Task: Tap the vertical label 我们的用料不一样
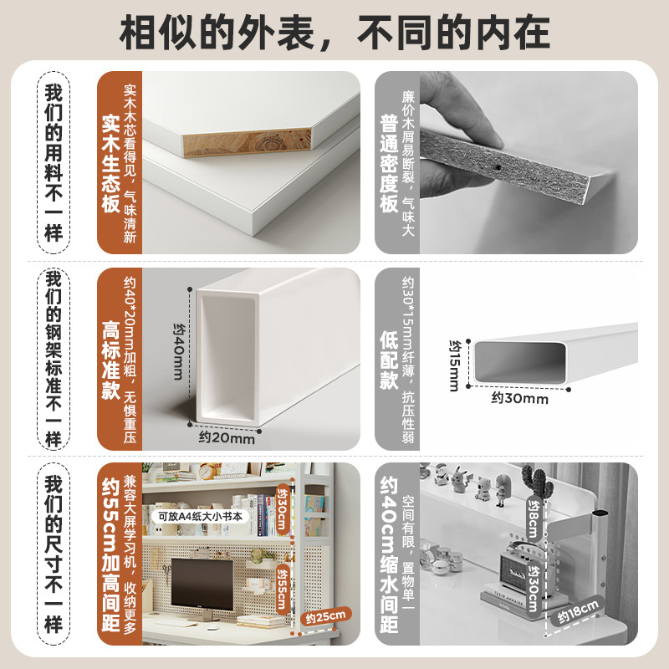54,161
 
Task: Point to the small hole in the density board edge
499,167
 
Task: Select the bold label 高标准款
111,360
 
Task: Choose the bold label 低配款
388,360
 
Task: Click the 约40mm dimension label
178,351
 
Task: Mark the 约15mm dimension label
453,365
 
